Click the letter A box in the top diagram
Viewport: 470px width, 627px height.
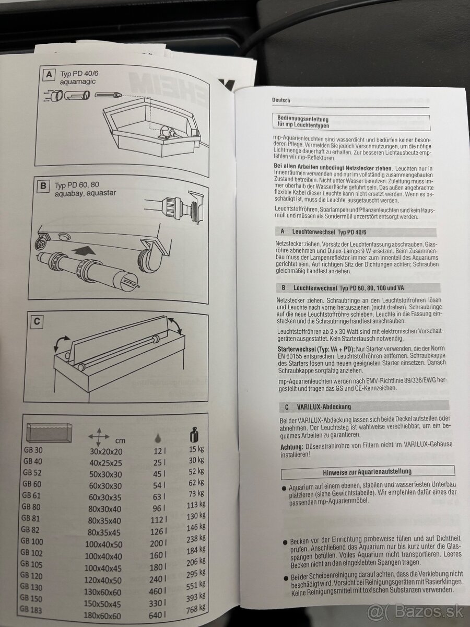click(x=49, y=75)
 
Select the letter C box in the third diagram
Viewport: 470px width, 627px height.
click(x=37, y=322)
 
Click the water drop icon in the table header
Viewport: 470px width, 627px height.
click(x=158, y=438)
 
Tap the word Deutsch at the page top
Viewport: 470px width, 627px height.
click(x=281, y=100)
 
